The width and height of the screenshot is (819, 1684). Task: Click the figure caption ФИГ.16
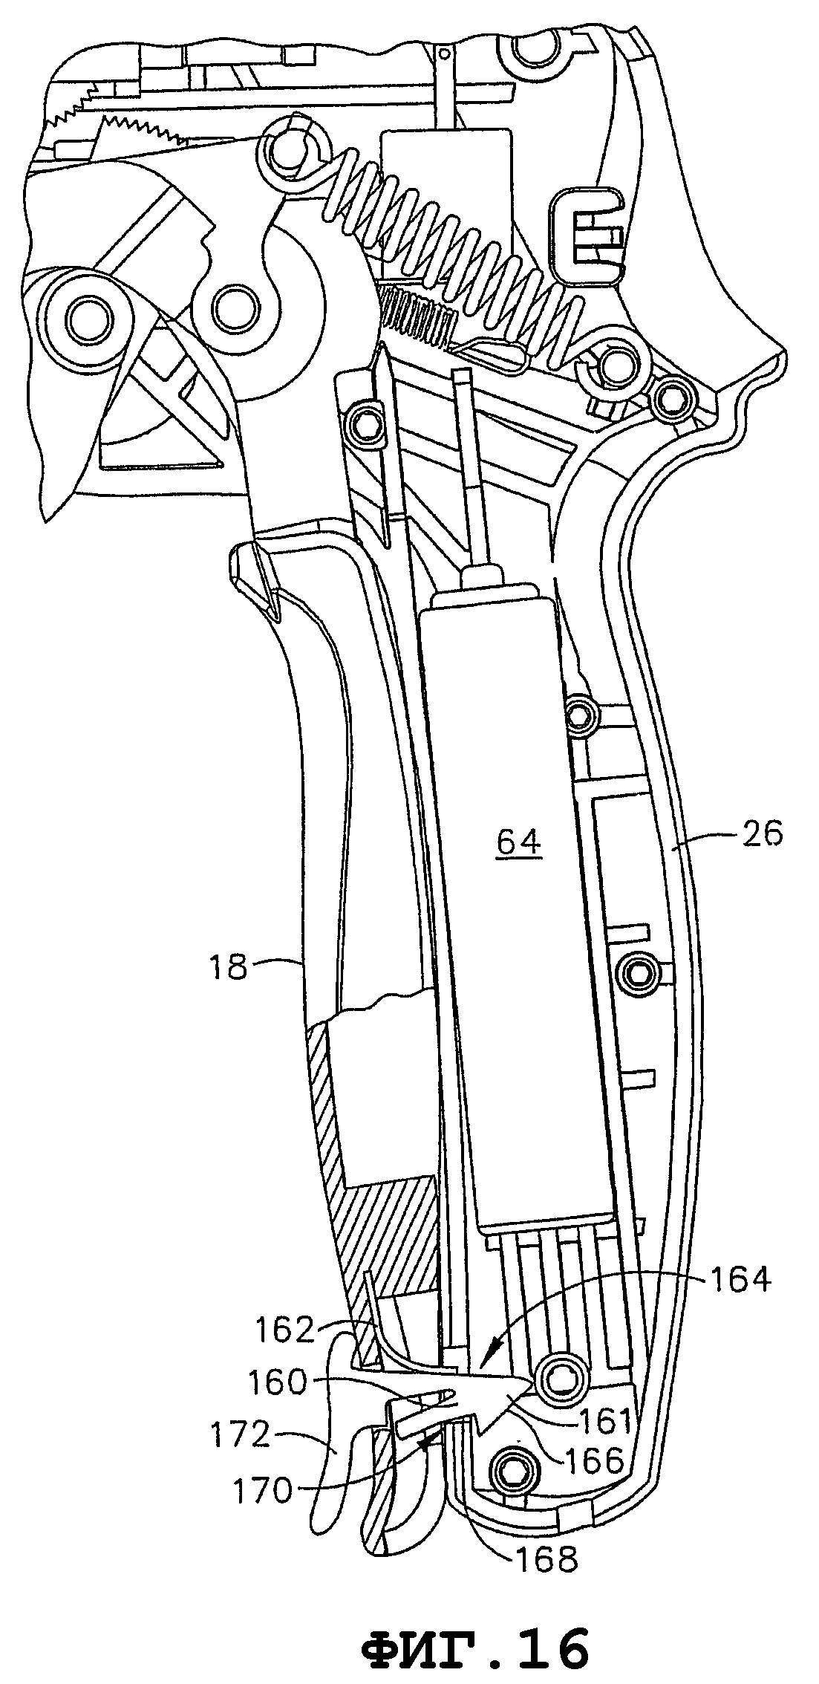click(x=475, y=1650)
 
